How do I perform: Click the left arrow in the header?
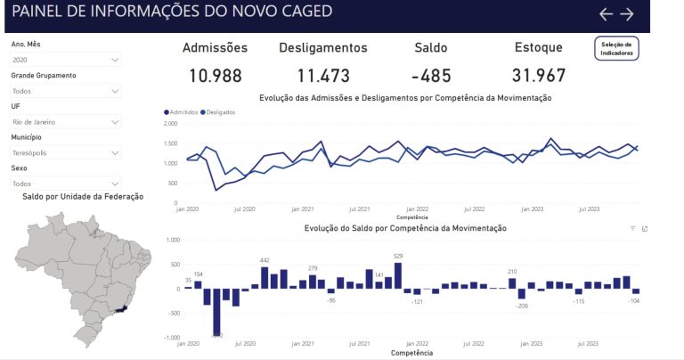coord(607,13)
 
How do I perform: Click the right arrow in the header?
coord(627,13)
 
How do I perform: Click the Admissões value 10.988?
coord(215,76)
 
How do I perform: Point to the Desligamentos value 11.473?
coord(323,76)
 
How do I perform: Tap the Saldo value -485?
coord(431,76)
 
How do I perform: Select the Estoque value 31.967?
coord(539,76)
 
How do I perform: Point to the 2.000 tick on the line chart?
coord(171,123)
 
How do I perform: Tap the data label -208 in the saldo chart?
coord(522,306)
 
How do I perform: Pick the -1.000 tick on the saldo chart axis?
coord(168,338)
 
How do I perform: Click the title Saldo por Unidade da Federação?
coord(83,196)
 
